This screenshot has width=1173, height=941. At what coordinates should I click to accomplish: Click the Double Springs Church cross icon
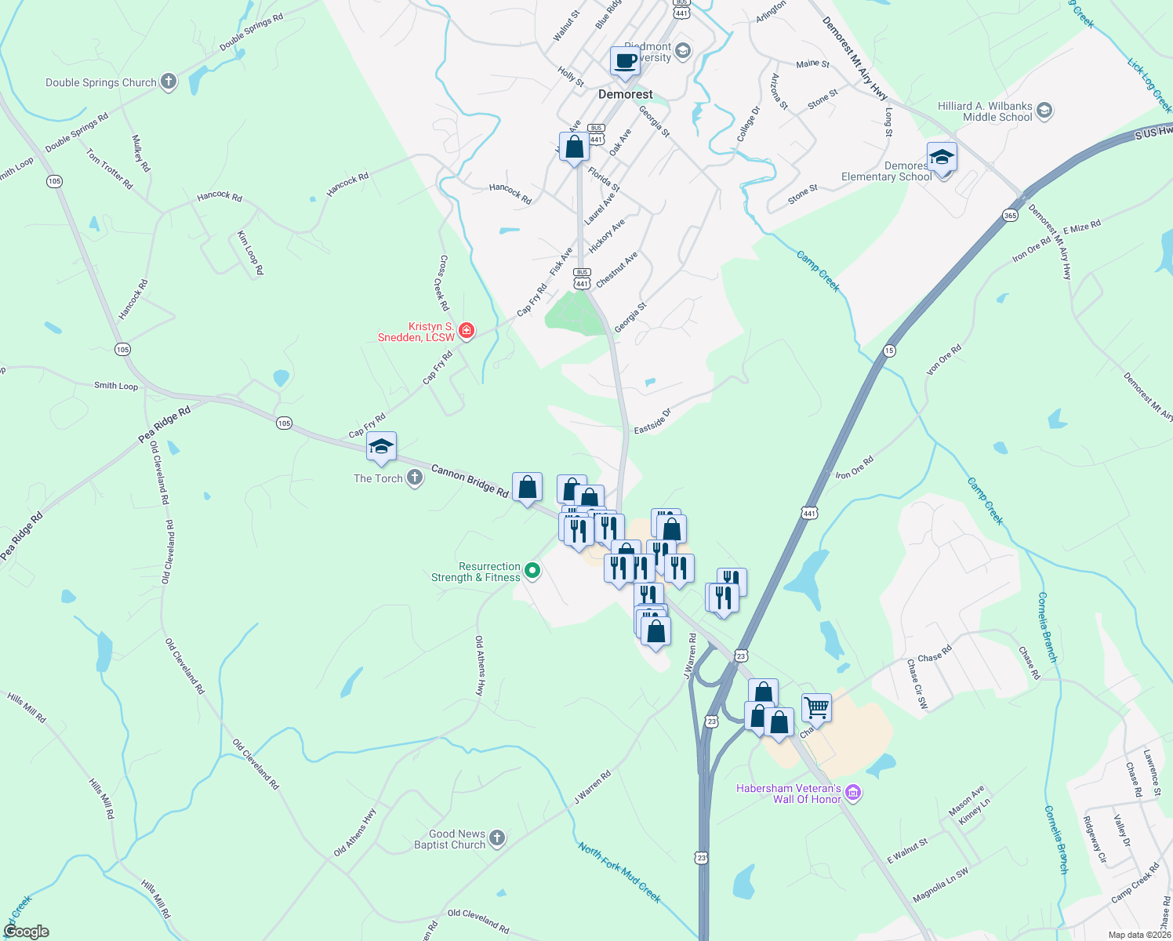169,82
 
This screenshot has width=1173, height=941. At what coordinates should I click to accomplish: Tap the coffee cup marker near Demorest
625,61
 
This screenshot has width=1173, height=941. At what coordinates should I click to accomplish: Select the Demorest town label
625,94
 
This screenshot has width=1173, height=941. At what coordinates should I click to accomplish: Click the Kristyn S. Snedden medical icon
467,332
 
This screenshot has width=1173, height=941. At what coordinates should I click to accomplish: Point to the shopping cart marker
816,707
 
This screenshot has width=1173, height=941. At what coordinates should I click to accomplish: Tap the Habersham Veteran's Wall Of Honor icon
854,794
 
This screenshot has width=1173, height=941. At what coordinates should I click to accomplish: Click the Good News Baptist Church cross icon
497,840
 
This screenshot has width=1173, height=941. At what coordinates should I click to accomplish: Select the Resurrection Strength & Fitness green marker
532,571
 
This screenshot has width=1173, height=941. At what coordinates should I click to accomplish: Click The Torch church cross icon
415,478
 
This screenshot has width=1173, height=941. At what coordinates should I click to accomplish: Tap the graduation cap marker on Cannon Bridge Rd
381,447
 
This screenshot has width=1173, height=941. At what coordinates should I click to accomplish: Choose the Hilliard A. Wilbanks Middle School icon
1044,111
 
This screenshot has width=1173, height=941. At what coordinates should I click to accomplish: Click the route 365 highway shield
1010,215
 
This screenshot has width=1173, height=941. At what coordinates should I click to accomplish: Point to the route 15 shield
889,351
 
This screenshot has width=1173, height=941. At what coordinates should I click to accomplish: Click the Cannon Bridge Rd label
470,481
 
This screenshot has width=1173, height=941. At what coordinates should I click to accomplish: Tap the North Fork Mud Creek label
619,872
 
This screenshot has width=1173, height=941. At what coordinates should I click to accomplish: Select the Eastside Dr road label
652,421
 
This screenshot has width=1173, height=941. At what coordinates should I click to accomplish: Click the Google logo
27,932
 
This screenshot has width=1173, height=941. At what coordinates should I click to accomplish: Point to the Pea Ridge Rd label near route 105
165,423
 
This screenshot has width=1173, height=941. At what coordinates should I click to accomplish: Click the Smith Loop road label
116,385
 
